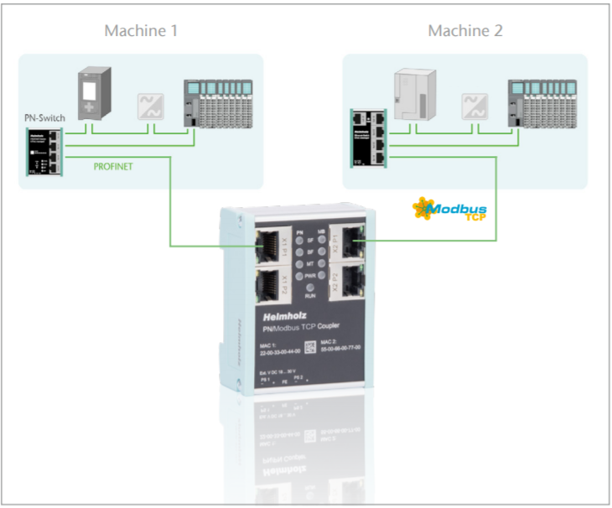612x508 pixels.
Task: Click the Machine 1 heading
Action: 141,31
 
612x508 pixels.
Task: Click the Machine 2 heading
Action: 464,31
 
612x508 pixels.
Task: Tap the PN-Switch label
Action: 44,119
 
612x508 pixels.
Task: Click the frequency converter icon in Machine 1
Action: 151,106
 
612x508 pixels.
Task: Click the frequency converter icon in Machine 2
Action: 475,106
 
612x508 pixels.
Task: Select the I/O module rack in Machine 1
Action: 218,104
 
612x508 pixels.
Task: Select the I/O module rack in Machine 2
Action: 542,104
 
